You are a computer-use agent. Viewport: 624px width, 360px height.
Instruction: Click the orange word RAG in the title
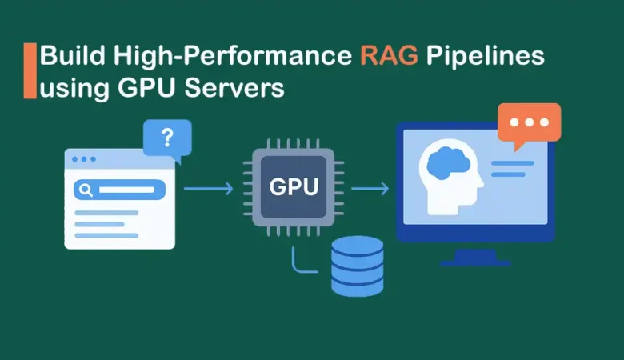tap(390, 57)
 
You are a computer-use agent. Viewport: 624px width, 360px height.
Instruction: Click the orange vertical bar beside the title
tap(30, 71)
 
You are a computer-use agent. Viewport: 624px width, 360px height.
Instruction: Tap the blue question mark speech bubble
tap(167, 138)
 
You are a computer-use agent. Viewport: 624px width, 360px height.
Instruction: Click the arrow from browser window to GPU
tap(208, 189)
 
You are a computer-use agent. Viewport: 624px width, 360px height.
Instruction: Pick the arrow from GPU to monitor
tap(370, 189)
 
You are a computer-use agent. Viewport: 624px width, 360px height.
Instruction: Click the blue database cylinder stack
tap(357, 266)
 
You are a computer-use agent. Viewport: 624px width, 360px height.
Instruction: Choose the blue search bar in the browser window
tap(119, 190)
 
